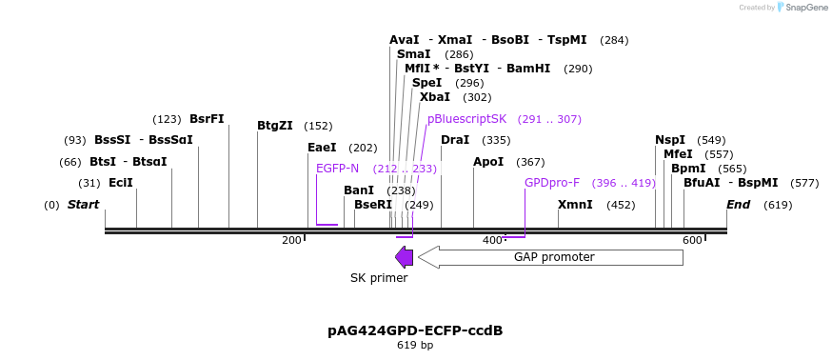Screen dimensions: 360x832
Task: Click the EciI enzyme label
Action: [120, 183]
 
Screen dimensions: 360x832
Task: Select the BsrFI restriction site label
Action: [207, 119]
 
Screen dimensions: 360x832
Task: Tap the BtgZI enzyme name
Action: [275, 126]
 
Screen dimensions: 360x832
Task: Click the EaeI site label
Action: [322, 148]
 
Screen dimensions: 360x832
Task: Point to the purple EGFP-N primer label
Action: [337, 169]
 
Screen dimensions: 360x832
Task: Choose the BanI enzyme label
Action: [359, 190]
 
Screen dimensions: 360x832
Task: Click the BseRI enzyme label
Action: [372, 205]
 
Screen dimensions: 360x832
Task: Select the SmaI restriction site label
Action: [413, 54]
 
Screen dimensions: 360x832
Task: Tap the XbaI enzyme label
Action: [434, 97]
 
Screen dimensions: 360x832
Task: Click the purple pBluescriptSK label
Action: [466, 119]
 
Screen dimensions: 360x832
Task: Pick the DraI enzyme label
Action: [455, 140]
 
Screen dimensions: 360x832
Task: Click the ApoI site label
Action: [488, 162]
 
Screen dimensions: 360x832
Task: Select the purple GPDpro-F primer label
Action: [552, 183]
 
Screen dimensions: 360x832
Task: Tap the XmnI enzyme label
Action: [575, 205]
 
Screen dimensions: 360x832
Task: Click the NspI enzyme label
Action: [669, 140]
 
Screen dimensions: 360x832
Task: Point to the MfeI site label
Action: [678, 154]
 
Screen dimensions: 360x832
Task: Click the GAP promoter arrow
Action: [550, 257]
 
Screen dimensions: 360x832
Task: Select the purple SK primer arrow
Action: [404, 257]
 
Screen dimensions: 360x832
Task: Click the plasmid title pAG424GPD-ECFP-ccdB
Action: [415, 330]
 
